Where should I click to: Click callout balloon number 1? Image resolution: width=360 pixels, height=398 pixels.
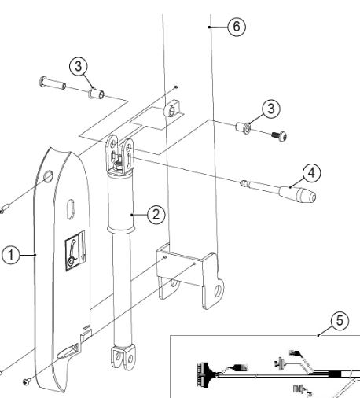[x=10, y=255]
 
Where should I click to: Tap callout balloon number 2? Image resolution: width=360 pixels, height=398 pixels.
[x=156, y=215]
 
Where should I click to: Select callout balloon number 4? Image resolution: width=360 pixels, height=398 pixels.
[x=311, y=173]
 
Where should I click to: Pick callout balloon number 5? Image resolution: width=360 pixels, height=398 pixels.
[x=340, y=320]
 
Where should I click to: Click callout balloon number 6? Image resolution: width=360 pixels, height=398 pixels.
[x=237, y=27]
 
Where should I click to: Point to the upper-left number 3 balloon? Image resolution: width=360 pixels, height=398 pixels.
[x=79, y=66]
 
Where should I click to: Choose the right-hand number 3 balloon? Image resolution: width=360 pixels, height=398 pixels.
[x=271, y=109]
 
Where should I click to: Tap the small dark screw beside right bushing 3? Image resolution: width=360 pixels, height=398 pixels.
[x=279, y=136]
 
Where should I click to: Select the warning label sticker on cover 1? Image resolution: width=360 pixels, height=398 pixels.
[x=75, y=251]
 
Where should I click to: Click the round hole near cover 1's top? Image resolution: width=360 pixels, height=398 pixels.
[x=48, y=176]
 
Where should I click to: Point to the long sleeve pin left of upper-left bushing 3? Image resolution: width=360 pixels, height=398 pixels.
[x=53, y=83]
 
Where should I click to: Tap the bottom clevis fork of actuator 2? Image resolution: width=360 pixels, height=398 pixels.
[x=123, y=357]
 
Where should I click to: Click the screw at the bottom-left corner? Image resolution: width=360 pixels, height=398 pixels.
[x=27, y=381]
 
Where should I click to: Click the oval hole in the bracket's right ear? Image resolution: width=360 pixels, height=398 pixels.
[x=218, y=291]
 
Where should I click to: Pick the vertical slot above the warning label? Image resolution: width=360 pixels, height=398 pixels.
[x=71, y=209]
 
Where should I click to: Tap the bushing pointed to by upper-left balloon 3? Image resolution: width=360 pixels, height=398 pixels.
[x=97, y=94]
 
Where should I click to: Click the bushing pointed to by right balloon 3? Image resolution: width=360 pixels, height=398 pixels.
[x=243, y=127]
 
